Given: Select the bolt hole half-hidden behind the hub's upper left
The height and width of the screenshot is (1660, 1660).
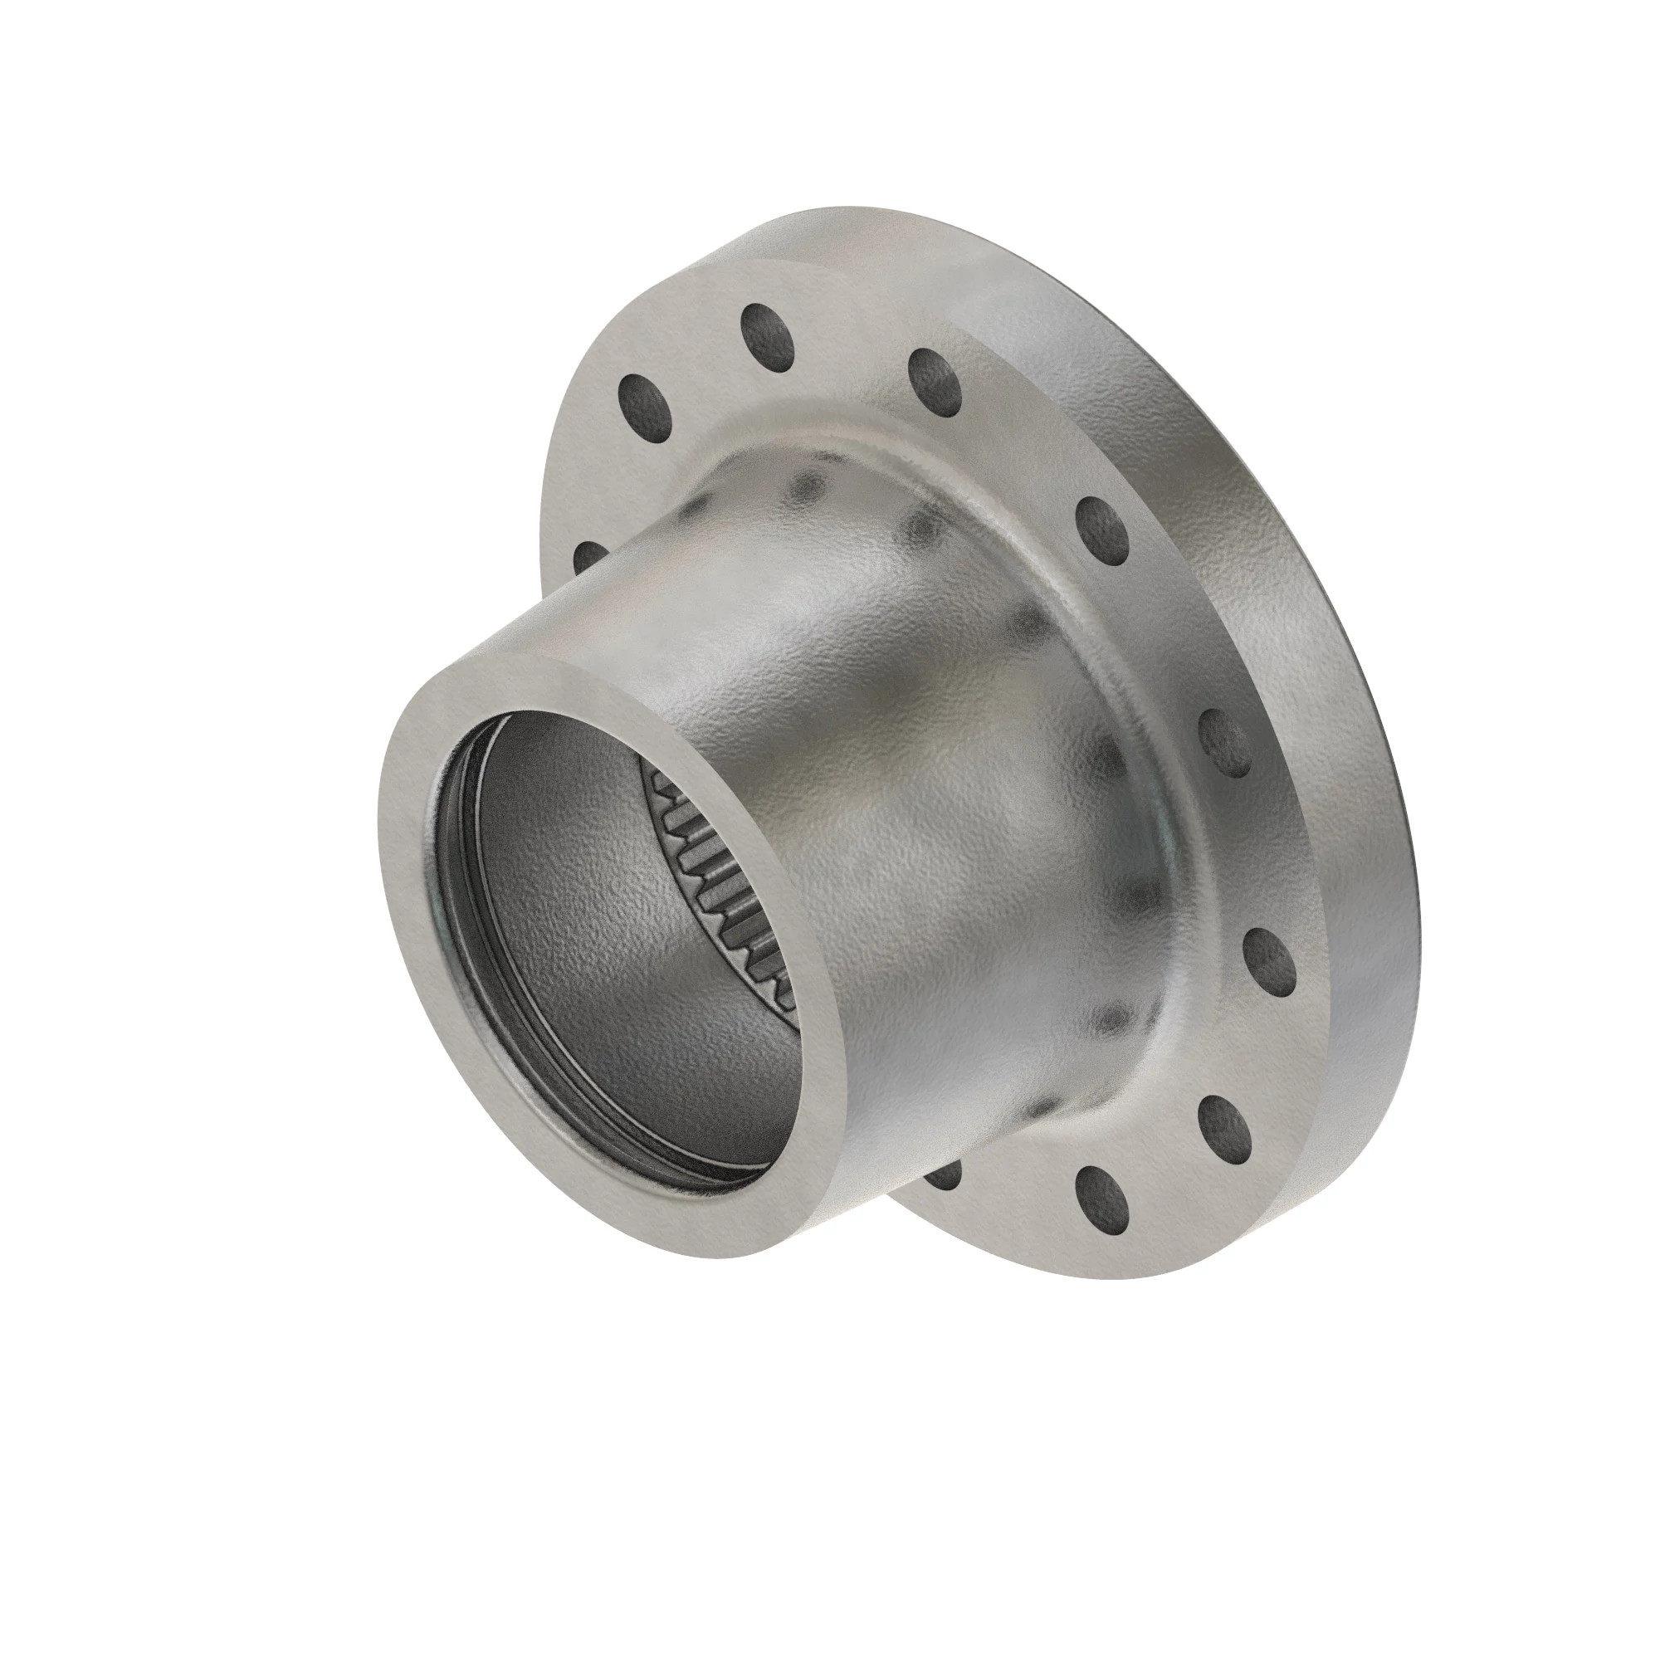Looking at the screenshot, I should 588,558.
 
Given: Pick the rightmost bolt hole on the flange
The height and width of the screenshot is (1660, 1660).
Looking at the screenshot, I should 1270,961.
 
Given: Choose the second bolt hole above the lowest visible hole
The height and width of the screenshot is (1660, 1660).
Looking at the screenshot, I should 1270,961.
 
